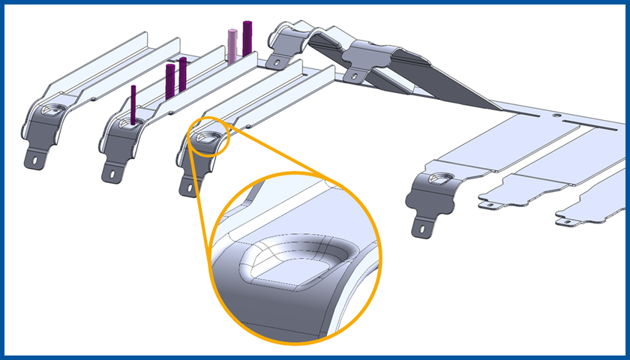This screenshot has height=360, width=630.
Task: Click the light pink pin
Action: point(232,45)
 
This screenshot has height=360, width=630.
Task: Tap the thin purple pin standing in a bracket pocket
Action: point(133,104)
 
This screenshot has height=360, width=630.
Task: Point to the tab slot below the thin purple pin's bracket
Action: point(113,172)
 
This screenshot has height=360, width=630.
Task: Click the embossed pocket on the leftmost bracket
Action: point(54,110)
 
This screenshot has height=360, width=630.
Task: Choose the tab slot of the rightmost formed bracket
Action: point(424,223)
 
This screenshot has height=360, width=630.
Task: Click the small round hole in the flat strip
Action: point(556,115)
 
